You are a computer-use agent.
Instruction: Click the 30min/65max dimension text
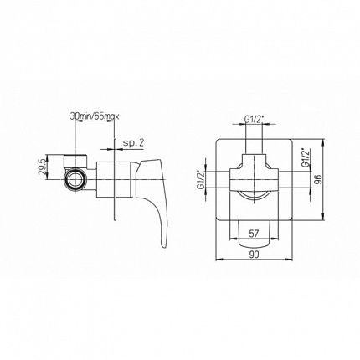click(95, 116)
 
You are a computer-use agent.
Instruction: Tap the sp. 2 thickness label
click(133, 143)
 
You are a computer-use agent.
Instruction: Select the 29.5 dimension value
click(42, 167)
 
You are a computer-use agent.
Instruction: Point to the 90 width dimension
click(254, 255)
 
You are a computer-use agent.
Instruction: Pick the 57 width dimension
click(254, 233)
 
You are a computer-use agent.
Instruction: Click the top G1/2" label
click(254, 119)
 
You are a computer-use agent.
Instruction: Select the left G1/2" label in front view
click(201, 180)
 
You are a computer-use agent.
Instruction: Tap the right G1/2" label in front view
click(306, 158)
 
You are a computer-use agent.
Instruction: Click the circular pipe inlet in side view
click(74, 180)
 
